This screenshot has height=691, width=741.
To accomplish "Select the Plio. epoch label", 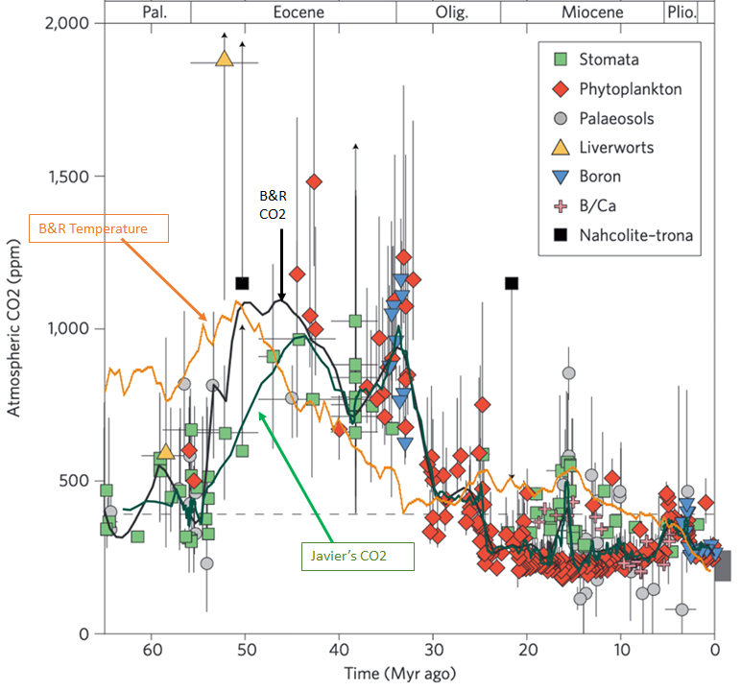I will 680,12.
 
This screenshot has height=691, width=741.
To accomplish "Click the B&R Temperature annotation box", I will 99,228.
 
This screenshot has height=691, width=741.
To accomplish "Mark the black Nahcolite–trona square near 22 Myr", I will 512,282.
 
